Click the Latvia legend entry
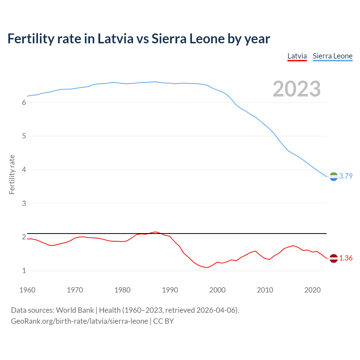point(297,56)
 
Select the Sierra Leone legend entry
point(332,56)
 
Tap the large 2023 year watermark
point(297,89)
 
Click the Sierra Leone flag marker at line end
point(334,176)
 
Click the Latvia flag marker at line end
point(334,258)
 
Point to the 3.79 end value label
point(346,176)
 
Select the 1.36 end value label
point(346,258)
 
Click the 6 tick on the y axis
point(24,103)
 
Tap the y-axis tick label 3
point(24,203)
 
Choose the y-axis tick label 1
point(24,271)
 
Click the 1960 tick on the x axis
point(27,290)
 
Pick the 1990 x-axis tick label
point(170,290)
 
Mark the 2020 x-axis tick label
point(312,290)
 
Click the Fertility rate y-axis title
point(12,174)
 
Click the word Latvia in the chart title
point(115,39)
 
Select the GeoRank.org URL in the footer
point(79,321)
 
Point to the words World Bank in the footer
point(75,310)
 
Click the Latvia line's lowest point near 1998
point(208,267)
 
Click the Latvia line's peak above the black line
point(155,232)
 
